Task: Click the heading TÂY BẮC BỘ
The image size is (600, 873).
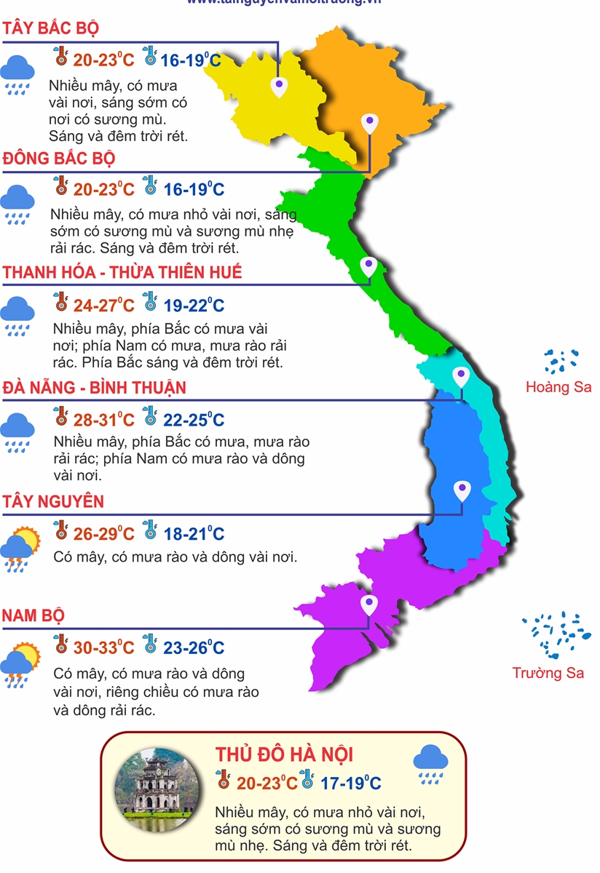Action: click(50, 28)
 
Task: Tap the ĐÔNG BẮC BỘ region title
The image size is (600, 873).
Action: click(59, 158)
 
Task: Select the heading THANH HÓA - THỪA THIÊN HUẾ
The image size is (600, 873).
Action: click(122, 272)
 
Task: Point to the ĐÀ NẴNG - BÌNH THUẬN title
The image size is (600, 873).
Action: click(94, 387)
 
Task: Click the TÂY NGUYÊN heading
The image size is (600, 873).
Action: click(52, 501)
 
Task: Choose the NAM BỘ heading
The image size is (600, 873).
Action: click(33, 615)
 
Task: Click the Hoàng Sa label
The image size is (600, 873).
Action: click(558, 387)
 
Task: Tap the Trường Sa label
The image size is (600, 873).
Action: click(548, 673)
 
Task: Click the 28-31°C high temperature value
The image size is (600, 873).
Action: click(103, 420)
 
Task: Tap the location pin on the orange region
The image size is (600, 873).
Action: click(370, 123)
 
